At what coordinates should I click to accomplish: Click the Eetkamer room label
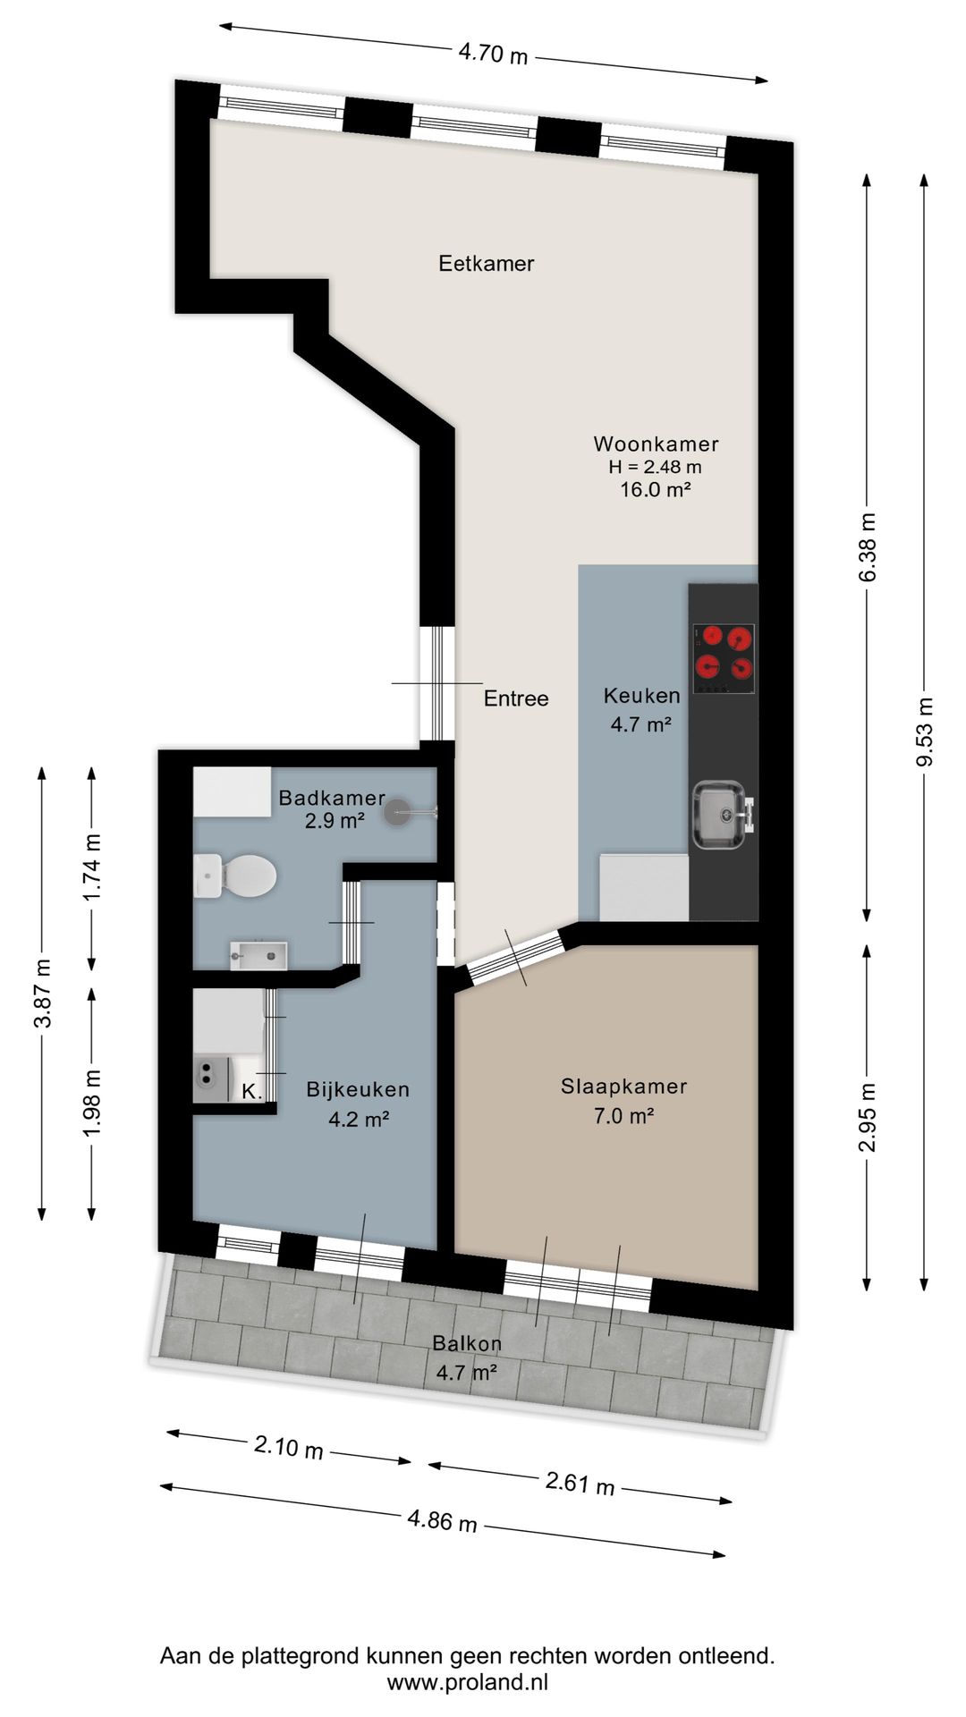[x=486, y=263]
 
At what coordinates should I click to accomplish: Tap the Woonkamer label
[x=656, y=444]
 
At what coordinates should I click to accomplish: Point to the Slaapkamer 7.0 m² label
[x=623, y=1101]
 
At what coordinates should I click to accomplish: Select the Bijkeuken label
[x=358, y=1089]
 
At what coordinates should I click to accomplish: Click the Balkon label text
[x=467, y=1343]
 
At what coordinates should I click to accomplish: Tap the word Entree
[x=516, y=698]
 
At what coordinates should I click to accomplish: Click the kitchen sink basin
[x=719, y=815]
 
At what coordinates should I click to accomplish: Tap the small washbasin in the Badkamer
[x=258, y=955]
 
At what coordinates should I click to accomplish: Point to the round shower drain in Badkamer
[x=397, y=813]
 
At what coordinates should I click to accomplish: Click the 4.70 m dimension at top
[x=493, y=55]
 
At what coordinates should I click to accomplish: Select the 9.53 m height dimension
[x=924, y=732]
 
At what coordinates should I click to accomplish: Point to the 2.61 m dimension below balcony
[x=580, y=1484]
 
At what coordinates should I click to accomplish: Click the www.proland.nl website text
[x=467, y=1681]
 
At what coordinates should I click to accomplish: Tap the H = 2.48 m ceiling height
[x=656, y=466]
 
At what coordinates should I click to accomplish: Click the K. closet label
[x=251, y=1091]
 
